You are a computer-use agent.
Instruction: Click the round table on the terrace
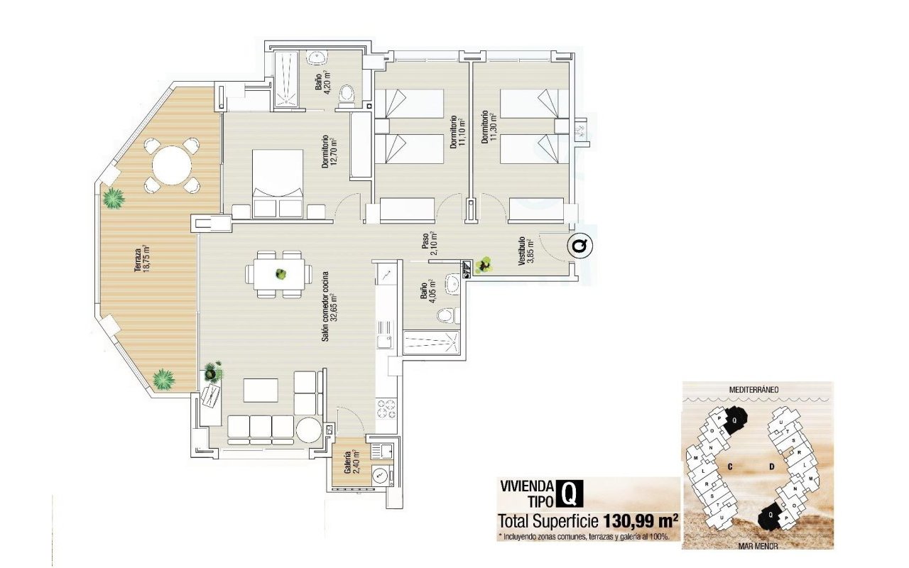tap(172, 165)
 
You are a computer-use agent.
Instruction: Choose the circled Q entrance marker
tap(580, 246)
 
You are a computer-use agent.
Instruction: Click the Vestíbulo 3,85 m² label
tap(525, 251)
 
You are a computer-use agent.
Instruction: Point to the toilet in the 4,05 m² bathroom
tap(445, 316)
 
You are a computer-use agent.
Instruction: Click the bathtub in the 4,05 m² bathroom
tap(432, 343)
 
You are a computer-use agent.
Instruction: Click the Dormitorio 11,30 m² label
tap(488, 126)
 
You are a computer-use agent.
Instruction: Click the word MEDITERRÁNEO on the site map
tap(757, 390)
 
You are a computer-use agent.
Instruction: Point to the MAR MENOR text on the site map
tap(757, 546)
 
